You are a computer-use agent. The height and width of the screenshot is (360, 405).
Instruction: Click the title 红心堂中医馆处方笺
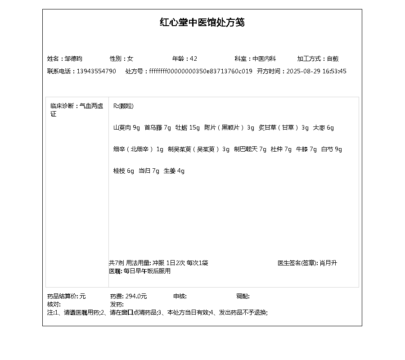click(202, 22)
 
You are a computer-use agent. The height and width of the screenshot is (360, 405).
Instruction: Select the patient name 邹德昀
click(73, 58)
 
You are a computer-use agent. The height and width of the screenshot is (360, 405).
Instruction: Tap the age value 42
click(193, 58)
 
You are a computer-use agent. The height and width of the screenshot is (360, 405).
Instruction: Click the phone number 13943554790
click(96, 71)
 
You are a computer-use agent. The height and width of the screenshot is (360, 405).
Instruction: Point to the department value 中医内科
click(264, 58)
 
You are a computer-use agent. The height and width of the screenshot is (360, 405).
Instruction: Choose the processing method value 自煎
click(333, 58)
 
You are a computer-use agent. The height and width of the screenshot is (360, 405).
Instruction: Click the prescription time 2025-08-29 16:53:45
click(316, 71)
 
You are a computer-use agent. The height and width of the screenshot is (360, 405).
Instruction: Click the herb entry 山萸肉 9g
click(126, 128)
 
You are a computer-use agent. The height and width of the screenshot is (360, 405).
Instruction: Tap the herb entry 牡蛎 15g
click(188, 128)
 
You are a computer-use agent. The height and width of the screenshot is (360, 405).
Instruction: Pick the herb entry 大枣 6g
click(324, 128)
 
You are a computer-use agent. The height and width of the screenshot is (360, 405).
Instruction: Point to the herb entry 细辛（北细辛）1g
click(138, 149)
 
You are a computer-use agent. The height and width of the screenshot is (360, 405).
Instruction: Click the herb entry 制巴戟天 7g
click(250, 149)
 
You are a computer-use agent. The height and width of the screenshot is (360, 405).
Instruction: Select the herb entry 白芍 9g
click(332, 149)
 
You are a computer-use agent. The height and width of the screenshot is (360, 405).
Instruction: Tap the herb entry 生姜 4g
click(174, 171)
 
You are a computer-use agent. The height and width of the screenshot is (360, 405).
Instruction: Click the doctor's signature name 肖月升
click(328, 263)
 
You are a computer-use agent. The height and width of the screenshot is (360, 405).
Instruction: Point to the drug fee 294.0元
click(136, 296)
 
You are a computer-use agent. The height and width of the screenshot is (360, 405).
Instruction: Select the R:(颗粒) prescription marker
click(123, 106)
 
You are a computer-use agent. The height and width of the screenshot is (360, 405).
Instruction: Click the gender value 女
click(130, 58)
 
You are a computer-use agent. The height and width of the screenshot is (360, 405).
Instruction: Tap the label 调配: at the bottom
click(243, 296)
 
